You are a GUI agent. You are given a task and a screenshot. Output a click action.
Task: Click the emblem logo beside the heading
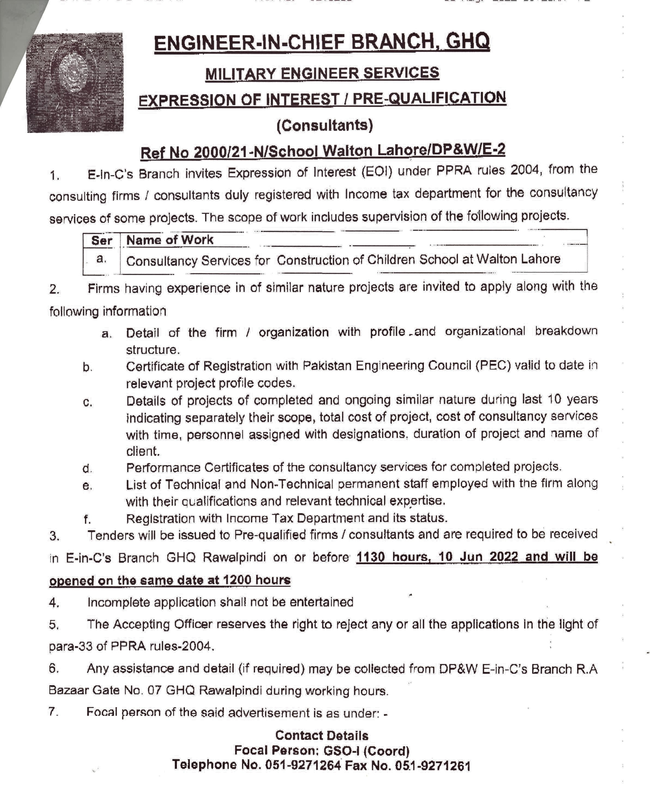pos(75,82)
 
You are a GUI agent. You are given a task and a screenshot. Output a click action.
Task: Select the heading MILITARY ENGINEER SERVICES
pos(322,73)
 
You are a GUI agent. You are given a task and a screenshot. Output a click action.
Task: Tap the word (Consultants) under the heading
pos(325,125)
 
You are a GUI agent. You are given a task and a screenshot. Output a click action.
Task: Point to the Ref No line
pos(322,151)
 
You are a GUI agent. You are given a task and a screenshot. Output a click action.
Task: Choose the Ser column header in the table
pos(101,240)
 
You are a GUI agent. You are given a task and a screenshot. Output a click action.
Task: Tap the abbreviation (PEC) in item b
pos(493,365)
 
